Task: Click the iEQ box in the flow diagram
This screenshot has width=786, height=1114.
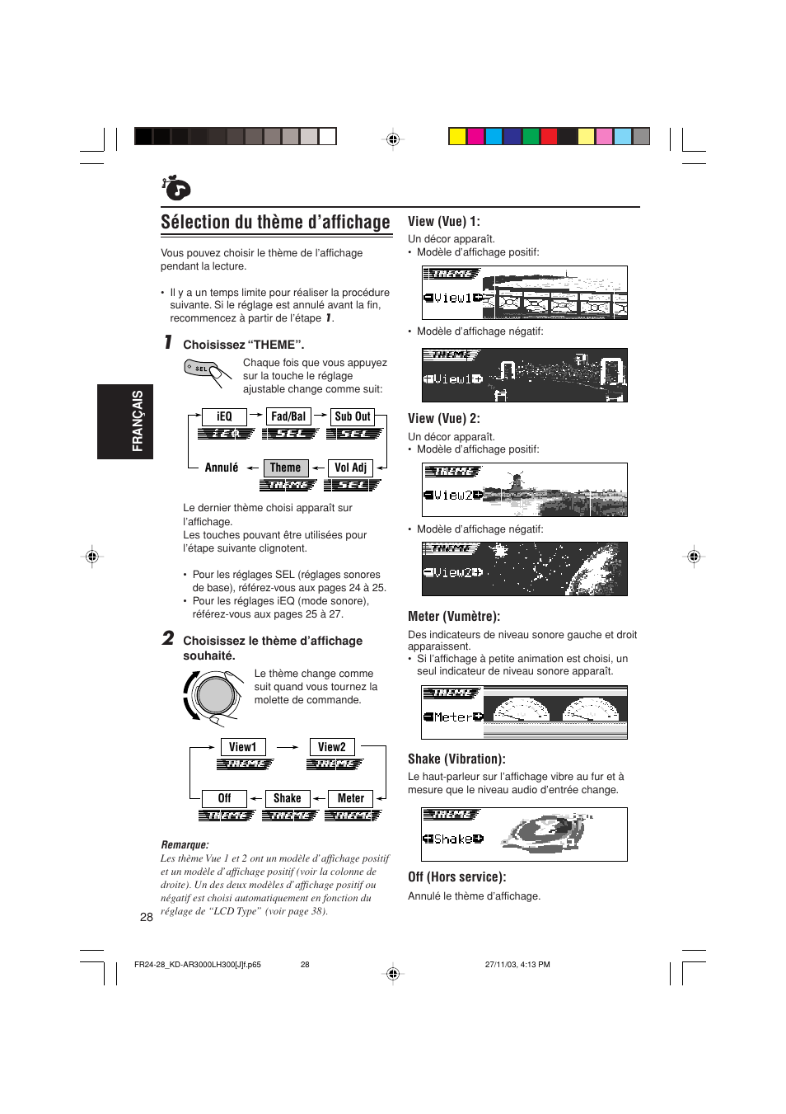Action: (x=224, y=417)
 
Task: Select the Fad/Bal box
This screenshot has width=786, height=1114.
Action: (x=288, y=417)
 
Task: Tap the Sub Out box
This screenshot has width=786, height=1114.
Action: (x=353, y=417)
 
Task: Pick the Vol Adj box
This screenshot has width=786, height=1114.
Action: (x=351, y=468)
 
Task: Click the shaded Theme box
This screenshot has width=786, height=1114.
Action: (x=285, y=468)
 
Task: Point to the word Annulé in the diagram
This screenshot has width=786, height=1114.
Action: (x=222, y=468)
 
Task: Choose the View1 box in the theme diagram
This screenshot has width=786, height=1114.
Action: (x=242, y=748)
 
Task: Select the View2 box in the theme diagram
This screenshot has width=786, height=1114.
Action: (x=332, y=748)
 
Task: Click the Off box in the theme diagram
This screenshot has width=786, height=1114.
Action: (x=224, y=799)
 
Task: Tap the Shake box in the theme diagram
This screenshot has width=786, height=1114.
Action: (x=288, y=799)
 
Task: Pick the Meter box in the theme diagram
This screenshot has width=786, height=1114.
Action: (x=351, y=799)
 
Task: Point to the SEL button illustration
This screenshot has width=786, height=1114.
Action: (x=202, y=369)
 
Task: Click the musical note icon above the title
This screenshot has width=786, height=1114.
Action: (x=176, y=189)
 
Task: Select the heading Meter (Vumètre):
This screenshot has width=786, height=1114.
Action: (x=454, y=617)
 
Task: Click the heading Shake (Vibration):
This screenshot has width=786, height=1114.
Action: (x=456, y=759)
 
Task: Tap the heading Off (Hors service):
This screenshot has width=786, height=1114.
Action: (x=457, y=877)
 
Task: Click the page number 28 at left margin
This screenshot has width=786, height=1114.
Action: (x=147, y=918)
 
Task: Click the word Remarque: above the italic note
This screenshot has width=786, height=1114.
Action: (x=185, y=845)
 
